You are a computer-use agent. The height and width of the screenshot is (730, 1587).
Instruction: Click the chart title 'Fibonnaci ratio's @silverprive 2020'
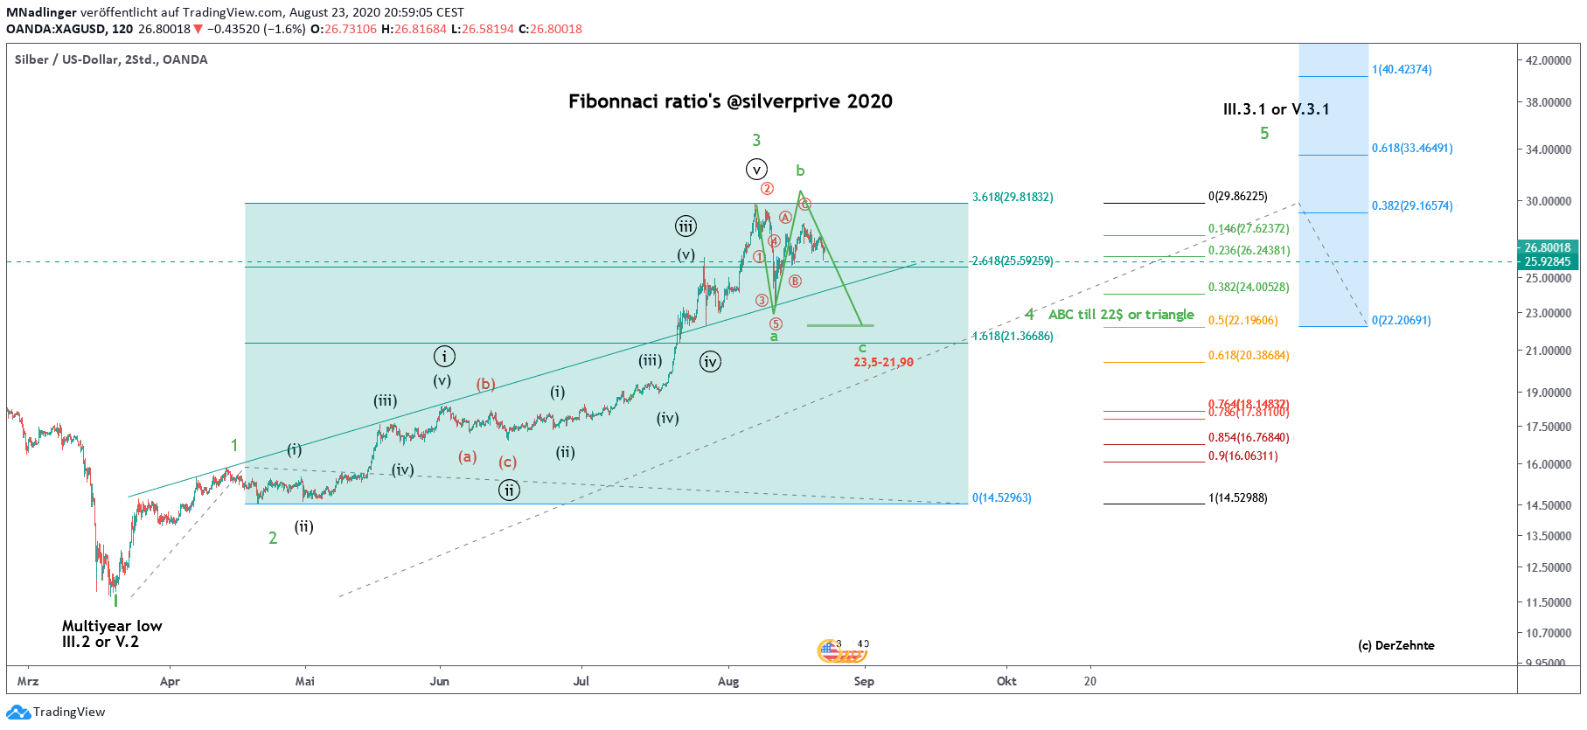pos(730,101)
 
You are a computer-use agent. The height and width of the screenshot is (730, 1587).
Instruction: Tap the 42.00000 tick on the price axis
pos(1549,60)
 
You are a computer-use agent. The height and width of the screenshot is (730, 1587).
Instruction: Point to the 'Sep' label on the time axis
pos(864,681)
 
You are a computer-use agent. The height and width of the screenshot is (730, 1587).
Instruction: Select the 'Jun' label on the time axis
pos(439,681)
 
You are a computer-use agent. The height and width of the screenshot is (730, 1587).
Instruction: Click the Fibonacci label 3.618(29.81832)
pos(1013,198)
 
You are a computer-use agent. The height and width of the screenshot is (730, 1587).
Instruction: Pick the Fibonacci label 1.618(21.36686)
pos(1013,337)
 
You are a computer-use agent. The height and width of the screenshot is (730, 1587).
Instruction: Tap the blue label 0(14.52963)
pos(1002,498)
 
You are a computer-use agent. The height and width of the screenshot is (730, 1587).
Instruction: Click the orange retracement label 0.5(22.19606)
pos(1242,321)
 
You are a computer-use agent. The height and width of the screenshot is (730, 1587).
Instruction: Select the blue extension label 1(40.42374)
pos(1402,70)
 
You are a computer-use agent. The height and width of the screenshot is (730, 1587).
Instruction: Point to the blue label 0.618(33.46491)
pos(1412,149)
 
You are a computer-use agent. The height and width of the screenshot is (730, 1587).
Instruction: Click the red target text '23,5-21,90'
pos(883,362)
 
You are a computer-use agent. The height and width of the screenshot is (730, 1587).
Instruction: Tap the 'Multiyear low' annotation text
pos(112,626)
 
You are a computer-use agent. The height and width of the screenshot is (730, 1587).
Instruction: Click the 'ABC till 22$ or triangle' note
pos(1121,315)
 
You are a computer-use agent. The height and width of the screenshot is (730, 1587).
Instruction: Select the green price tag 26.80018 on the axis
pos(1548,247)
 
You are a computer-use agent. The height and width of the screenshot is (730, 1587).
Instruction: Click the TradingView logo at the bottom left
pos(56,712)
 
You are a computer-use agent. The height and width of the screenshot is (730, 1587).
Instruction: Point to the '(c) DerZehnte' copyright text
pos(1396,646)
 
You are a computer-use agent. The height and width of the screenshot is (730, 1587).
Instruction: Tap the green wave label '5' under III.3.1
pos(1264,134)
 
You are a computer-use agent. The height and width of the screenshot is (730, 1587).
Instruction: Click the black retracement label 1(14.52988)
pos(1237,498)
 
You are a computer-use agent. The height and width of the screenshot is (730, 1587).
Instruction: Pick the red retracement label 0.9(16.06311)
pos(1242,456)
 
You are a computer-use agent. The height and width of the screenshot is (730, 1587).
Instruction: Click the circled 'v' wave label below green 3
pos(756,170)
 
